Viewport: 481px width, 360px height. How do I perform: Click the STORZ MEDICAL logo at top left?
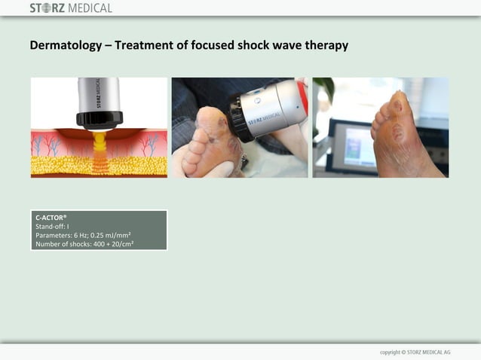click(71, 8)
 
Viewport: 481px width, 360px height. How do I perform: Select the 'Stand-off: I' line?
click(52, 226)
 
